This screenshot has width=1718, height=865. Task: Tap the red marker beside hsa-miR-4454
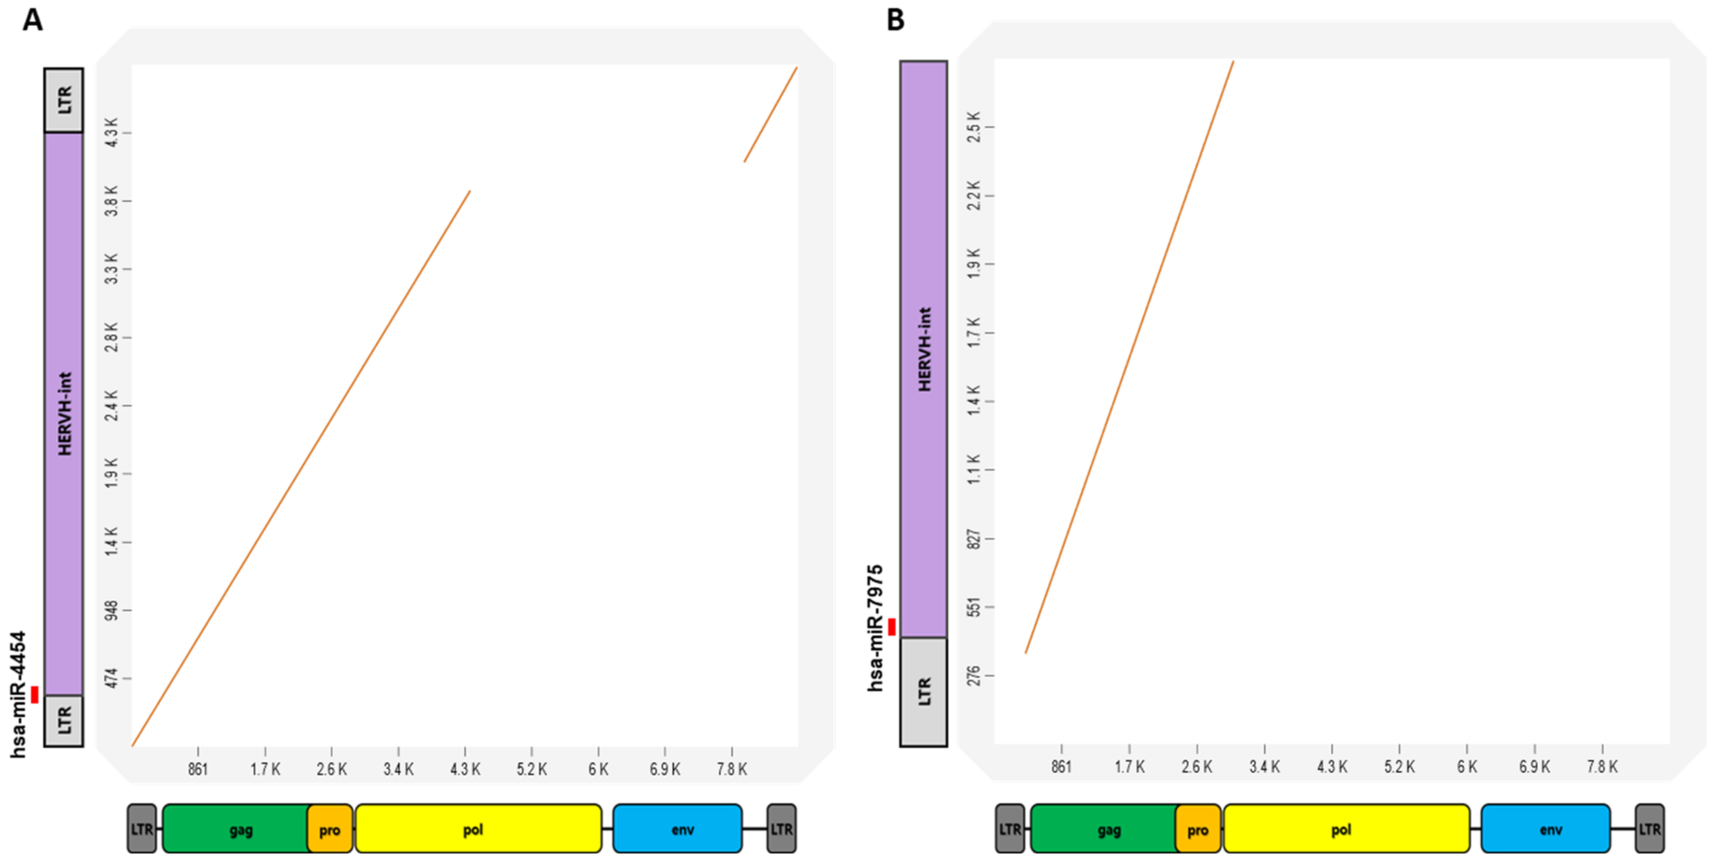[35, 694]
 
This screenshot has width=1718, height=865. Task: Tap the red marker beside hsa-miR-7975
[892, 626]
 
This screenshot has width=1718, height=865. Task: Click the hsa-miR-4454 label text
[19, 694]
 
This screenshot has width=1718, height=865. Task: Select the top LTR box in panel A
[64, 100]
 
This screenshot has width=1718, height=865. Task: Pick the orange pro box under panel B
[1198, 830]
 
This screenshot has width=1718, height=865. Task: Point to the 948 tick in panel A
[112, 610]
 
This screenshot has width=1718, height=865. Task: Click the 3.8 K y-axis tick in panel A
[112, 201]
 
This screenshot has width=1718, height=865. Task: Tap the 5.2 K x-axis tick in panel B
[1399, 766]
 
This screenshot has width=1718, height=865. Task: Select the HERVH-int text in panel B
[924, 349]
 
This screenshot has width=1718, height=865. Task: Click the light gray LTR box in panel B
[924, 692]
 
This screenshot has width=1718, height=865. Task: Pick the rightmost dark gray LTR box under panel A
[782, 829]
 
